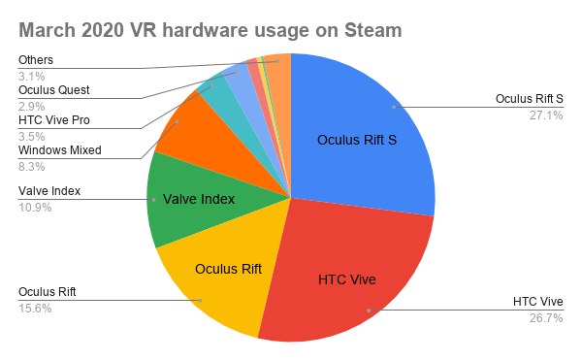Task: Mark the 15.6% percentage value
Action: [x=35, y=308]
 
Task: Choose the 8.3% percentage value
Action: [x=32, y=166]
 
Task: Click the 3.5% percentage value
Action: [x=32, y=137]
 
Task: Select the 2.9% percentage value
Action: [x=32, y=105]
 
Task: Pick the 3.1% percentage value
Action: [x=32, y=75]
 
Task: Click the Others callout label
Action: [x=36, y=60]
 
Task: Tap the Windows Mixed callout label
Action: [x=59, y=150]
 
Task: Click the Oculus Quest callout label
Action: [x=54, y=89]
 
